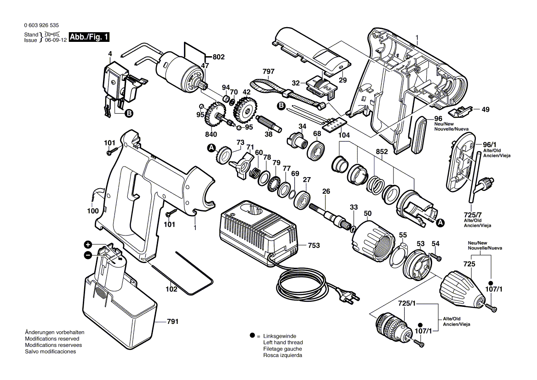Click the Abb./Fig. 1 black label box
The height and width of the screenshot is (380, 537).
point(89,37)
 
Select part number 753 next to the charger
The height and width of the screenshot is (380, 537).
point(314,245)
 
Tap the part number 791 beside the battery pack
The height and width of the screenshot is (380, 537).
point(172,322)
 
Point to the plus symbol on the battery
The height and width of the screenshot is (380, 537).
point(88,244)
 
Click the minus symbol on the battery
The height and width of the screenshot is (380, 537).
point(88,254)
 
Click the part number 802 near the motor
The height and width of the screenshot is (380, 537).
point(218,57)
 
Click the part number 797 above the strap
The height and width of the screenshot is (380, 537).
point(268,71)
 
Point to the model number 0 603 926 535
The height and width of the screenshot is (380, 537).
point(41,25)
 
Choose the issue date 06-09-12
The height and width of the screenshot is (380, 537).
point(56,40)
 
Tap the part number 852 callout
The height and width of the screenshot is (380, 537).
point(382,151)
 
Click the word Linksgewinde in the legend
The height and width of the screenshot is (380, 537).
point(280,336)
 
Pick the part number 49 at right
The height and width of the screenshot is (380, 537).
point(486,109)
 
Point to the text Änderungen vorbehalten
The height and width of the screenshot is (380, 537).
point(55,332)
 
